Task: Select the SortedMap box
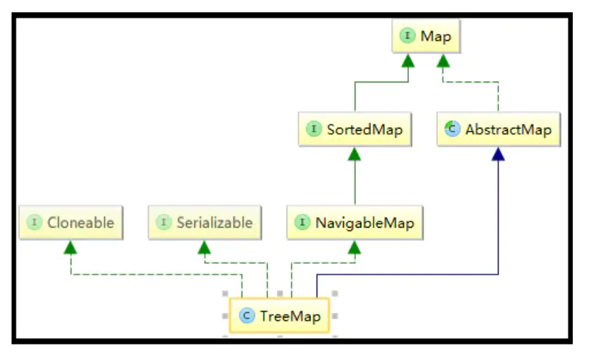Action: tap(354, 130)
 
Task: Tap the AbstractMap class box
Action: tap(499, 130)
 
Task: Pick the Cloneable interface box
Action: tap(70, 223)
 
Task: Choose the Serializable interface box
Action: tap(204, 223)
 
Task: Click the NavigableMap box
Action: tap(354, 223)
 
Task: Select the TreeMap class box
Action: tap(279, 315)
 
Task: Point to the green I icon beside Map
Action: tap(407, 36)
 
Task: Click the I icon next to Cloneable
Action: tap(34, 223)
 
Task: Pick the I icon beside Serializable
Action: tap(164, 223)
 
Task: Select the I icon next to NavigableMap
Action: tap(303, 223)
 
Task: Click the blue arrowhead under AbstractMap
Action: tap(499, 154)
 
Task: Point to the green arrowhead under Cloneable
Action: tap(70, 247)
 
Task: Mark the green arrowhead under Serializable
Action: tap(204, 247)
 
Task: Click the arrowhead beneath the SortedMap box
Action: tap(354, 154)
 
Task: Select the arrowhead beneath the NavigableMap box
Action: tap(354, 247)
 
